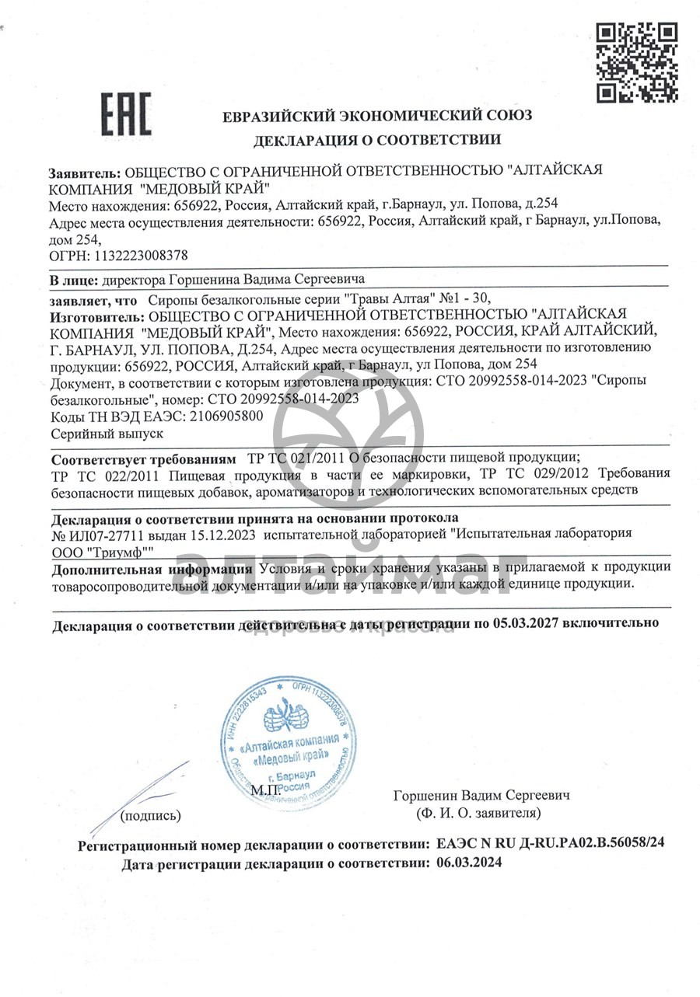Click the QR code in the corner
636,63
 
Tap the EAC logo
126,114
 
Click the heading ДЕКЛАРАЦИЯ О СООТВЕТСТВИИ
376,140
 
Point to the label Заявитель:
85,172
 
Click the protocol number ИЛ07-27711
113,534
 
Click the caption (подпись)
151,815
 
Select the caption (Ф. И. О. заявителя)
478,813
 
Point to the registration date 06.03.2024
469,862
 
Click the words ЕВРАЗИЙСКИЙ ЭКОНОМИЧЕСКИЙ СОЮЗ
377,117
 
